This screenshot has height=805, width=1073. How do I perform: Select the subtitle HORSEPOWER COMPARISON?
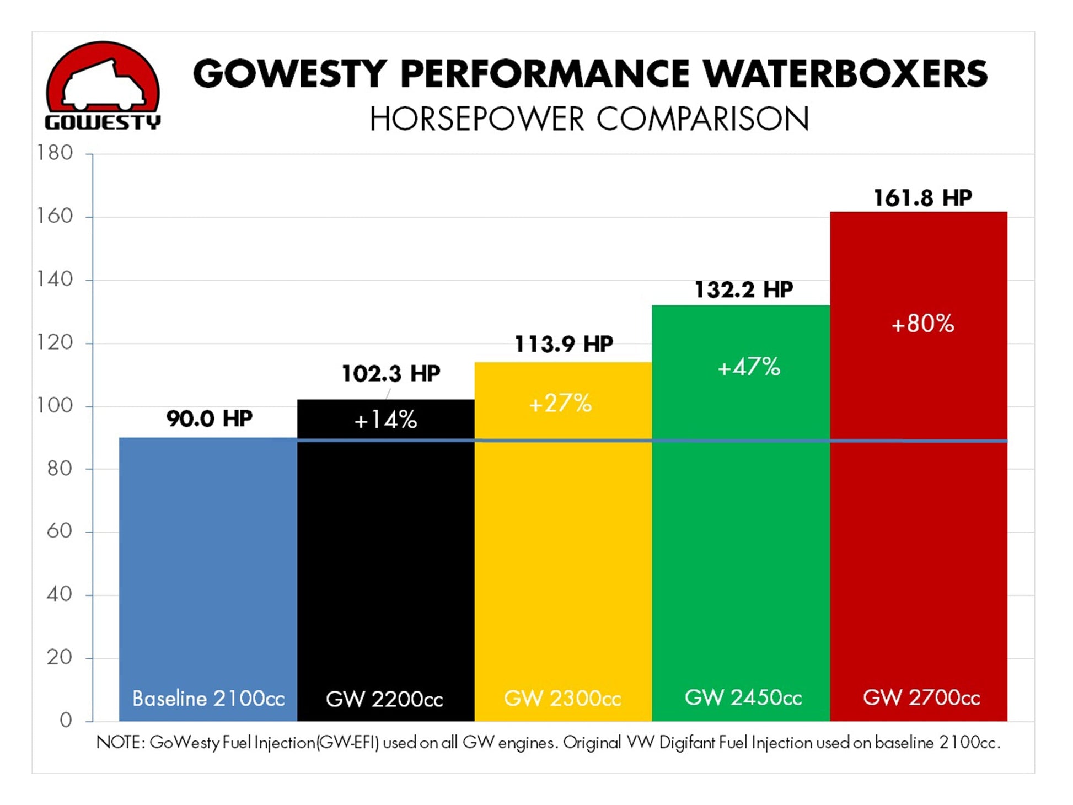[589, 119]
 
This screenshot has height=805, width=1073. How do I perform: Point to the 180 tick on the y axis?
[55, 153]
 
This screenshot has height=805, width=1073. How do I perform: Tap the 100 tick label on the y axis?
[55, 405]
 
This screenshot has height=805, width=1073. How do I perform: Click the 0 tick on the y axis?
[66, 720]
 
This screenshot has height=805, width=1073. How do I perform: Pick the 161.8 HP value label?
[922, 198]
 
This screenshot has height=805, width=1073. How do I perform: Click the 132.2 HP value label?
[743, 289]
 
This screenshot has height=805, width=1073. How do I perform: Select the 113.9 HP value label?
[564, 344]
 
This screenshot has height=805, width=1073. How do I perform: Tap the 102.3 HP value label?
[390, 373]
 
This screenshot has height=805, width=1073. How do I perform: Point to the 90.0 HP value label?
[210, 418]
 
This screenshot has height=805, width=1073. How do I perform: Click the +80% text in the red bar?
[922, 324]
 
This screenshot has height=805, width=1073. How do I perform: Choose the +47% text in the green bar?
[748, 367]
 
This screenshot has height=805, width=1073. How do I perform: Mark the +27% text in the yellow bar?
[560, 404]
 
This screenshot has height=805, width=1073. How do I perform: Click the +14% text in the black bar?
[385, 420]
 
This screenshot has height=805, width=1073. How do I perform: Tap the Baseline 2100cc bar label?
[208, 699]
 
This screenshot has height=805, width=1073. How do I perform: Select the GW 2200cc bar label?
[384, 699]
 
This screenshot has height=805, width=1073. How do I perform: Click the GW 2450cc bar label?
[743, 698]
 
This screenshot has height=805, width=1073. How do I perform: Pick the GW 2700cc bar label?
[921, 698]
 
